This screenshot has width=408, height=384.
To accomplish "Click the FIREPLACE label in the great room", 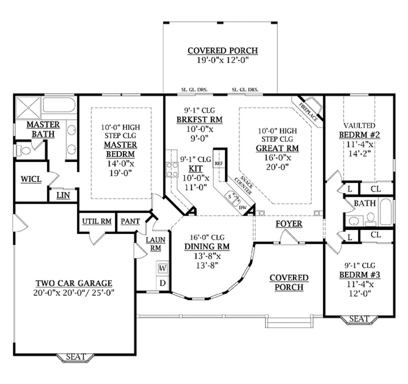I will pos(308,112).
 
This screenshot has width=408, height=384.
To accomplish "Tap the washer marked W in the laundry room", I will pos(163,268).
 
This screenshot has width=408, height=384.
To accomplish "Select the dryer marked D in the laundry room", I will pos(163,283).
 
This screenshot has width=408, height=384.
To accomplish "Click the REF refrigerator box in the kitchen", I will pos(218,164).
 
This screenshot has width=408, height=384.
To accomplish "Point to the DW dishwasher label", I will pos(243,208).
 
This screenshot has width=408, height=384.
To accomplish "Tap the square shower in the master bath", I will pos(27,106).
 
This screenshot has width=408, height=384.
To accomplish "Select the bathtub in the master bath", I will pos(59,105).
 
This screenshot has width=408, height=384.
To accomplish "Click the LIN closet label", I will pos(63,195).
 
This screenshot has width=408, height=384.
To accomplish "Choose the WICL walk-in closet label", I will pos(31,180).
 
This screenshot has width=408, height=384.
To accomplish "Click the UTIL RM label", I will pos(97,221).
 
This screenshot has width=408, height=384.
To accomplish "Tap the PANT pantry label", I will pos(130,221).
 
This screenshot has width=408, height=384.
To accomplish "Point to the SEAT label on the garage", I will pos(76,357).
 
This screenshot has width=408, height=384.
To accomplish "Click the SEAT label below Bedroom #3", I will pos(359,319).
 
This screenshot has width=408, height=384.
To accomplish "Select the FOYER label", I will pos(289,224).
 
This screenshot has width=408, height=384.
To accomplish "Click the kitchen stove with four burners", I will pos(172,169).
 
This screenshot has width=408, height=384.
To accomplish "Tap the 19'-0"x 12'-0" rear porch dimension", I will pos(222,60).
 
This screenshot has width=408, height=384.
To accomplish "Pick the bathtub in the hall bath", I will pos(386,212).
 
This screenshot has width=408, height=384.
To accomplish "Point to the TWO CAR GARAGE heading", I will pos(74,283).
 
